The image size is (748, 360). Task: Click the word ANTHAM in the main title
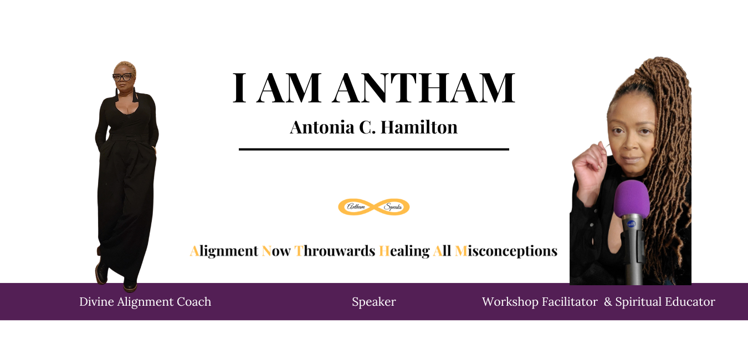pos(424,88)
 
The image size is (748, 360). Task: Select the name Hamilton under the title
pos(419,127)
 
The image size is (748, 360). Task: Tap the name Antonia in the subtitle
pos(322,127)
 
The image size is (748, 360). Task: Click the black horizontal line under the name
pos(374,149)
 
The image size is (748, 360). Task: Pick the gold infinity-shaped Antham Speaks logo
pos(374,207)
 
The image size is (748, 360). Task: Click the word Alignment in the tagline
pos(224,251)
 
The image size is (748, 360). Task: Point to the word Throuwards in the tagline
pos(335,251)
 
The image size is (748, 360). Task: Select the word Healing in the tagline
pos(404,251)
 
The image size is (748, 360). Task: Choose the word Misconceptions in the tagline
pos(506,251)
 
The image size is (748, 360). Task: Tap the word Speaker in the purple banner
pos(374,302)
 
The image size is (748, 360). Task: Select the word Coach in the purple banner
pos(194,302)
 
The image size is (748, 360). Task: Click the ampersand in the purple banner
pos(608,302)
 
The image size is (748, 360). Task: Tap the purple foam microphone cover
pos(632,199)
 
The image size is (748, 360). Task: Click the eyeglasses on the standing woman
pos(122,78)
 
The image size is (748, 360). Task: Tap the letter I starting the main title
pos(240,88)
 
